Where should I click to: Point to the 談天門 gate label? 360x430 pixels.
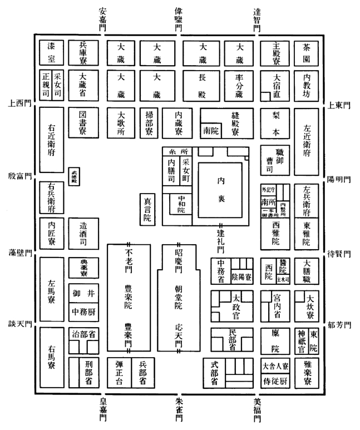click(x=18, y=323)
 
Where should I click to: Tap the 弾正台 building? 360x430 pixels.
click(x=119, y=372)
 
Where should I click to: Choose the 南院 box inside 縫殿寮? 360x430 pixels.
click(x=211, y=132)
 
